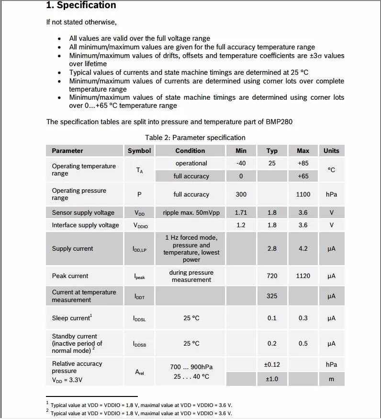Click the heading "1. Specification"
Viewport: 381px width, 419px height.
pos(81,5)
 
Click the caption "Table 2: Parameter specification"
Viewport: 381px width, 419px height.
pos(195,138)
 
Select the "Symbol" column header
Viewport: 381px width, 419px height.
pos(139,151)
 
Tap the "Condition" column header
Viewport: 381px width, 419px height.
pos(190,151)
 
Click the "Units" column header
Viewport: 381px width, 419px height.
pos(331,151)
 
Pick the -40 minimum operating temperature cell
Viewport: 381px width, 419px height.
pos(241,163)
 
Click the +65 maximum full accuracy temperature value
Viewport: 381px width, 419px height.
pos(303,176)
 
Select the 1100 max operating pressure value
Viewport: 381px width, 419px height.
pos(303,194)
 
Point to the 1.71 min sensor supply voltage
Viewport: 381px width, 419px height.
pos(241,212)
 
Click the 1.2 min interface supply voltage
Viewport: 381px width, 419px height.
pos(241,225)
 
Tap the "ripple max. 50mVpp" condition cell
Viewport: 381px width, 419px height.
pos(191,212)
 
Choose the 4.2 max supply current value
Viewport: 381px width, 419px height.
pos(303,248)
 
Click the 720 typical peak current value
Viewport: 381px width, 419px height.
pos(272,276)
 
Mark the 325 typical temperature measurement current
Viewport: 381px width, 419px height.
pos(272,296)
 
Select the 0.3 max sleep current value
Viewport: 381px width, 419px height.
pos(303,318)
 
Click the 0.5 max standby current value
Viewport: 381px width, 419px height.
pos(303,343)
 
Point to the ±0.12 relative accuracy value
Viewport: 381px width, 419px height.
pos(272,364)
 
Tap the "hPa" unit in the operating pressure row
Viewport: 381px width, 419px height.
pos(331,194)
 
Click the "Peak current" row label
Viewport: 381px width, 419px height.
pos(70,276)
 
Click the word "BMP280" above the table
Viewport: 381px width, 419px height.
pos(279,121)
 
